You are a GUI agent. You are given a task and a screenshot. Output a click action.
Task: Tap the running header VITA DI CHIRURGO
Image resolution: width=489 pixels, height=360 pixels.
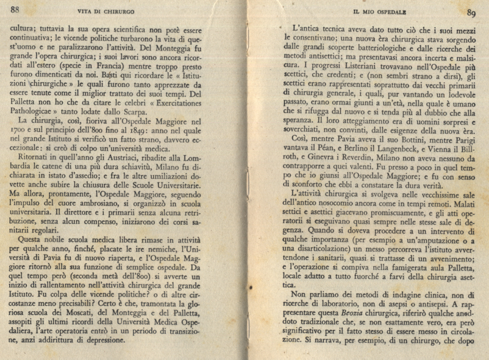coord(106,11)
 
